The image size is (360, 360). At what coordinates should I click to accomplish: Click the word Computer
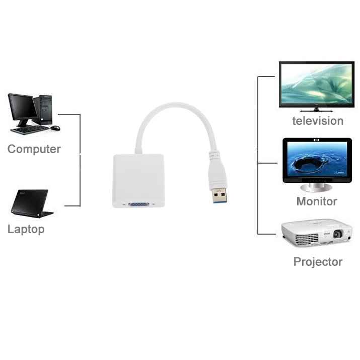coord(34,149)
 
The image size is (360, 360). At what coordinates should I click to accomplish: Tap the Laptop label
coord(26,229)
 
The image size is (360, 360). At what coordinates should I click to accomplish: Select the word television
coord(318,121)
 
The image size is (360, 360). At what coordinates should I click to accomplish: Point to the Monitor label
coord(317,201)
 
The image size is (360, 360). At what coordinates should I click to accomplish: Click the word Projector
coord(318,262)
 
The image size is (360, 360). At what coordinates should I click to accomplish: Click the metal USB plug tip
coord(220,195)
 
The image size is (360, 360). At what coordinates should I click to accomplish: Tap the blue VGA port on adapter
coord(138,204)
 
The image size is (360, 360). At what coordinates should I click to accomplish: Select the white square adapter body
coord(138,181)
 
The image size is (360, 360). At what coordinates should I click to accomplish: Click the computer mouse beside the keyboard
coord(55,128)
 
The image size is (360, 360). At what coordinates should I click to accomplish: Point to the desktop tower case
coord(43,110)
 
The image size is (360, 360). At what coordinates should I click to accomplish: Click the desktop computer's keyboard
coord(30,130)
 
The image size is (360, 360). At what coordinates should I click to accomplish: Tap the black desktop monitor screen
coord(22,107)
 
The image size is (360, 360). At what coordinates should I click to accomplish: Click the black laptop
coord(32,203)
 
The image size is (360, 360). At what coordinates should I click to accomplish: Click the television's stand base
coord(316,110)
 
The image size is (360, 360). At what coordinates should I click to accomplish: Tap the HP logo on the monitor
coord(317,140)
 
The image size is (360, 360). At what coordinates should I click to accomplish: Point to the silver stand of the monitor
coord(316,187)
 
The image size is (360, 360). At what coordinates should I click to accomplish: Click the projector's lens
coord(337,234)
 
